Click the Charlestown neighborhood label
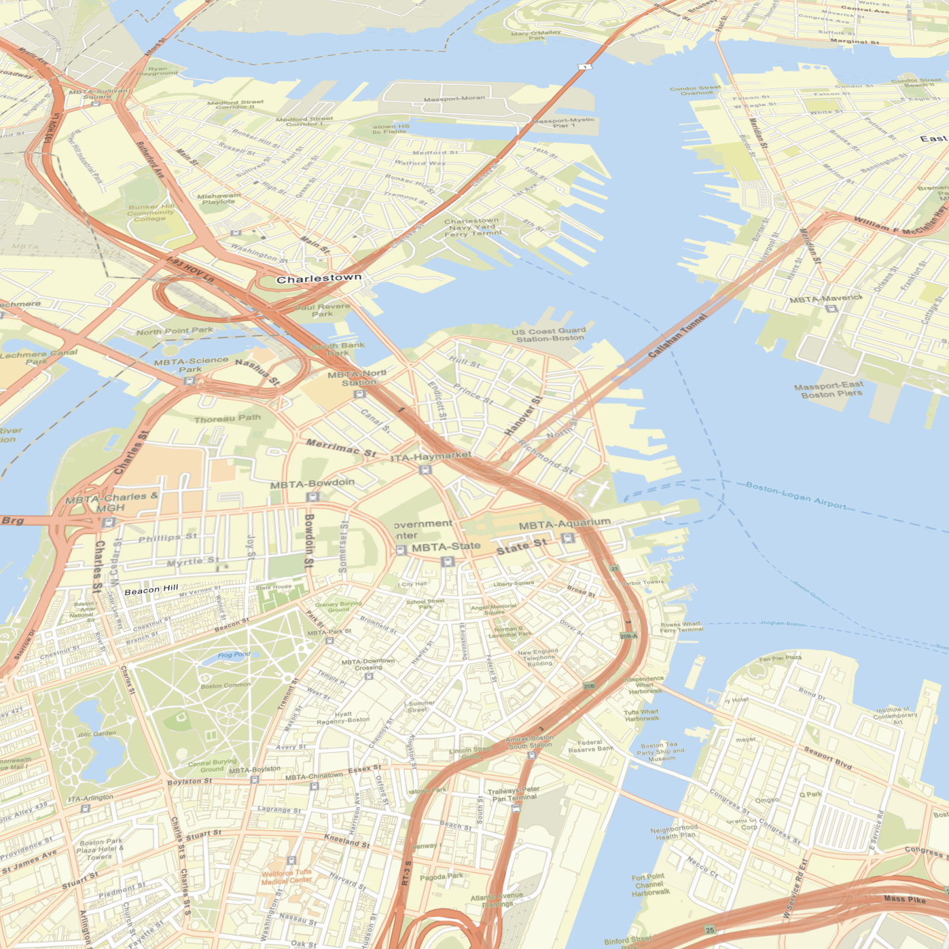tap(319, 278)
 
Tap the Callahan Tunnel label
tap(677, 336)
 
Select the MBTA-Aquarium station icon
tap(568, 538)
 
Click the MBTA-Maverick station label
tap(826, 299)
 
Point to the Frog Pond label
tap(234, 655)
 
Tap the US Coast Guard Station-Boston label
tap(549, 335)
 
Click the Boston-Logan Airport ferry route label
tap(796, 495)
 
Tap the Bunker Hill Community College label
tap(151, 212)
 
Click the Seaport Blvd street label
tap(828, 758)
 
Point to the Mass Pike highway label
tap(905, 899)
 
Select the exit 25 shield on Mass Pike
tap(710, 930)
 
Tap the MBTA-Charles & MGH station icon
tap(108, 523)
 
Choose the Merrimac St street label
tap(341, 447)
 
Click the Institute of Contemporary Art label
tap(897, 715)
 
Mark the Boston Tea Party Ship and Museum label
tap(661, 751)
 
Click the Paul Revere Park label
tap(322, 310)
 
